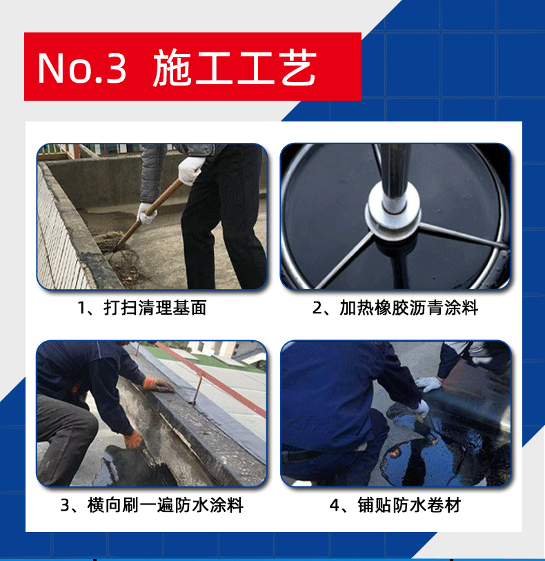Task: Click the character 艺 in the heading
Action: [x=298, y=68]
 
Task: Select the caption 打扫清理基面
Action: [x=155, y=308]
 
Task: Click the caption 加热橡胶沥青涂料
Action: [x=408, y=308]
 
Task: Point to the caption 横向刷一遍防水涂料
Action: [x=165, y=505]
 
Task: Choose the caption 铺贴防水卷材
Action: [x=409, y=505]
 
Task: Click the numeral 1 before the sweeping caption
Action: [x=81, y=308]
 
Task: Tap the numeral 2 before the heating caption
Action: [x=317, y=308]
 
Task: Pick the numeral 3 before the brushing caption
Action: [x=65, y=506]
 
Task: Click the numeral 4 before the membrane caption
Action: [x=335, y=506]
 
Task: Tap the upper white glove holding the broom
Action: [x=190, y=169]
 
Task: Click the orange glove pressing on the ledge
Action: [x=157, y=385]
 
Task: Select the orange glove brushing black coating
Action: [x=134, y=440]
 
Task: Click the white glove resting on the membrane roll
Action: [x=429, y=384]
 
